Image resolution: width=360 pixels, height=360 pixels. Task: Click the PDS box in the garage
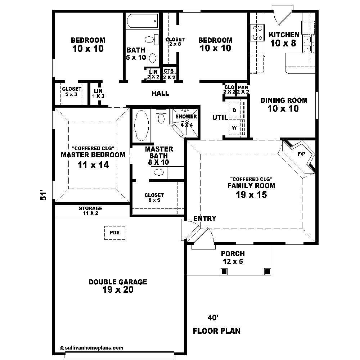click(x=115, y=233)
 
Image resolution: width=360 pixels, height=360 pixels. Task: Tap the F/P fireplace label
click(x=301, y=154)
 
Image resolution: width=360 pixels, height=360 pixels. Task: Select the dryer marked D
click(x=234, y=111)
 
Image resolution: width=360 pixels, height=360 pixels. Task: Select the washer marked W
click(x=234, y=128)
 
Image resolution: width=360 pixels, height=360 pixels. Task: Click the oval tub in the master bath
click(x=141, y=126)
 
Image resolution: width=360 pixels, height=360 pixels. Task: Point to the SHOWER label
click(x=186, y=117)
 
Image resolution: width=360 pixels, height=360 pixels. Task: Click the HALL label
click(x=160, y=94)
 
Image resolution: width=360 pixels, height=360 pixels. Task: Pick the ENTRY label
click(x=204, y=219)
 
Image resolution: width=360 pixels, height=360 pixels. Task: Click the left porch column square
click(x=224, y=271)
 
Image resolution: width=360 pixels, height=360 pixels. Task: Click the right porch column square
click(x=267, y=271)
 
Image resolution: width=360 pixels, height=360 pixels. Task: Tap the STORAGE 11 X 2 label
click(x=90, y=211)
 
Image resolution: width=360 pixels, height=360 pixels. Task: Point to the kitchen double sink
click(x=308, y=44)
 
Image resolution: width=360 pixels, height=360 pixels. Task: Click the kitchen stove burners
click(x=257, y=32)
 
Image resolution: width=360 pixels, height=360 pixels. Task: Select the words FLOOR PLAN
click(x=217, y=331)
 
